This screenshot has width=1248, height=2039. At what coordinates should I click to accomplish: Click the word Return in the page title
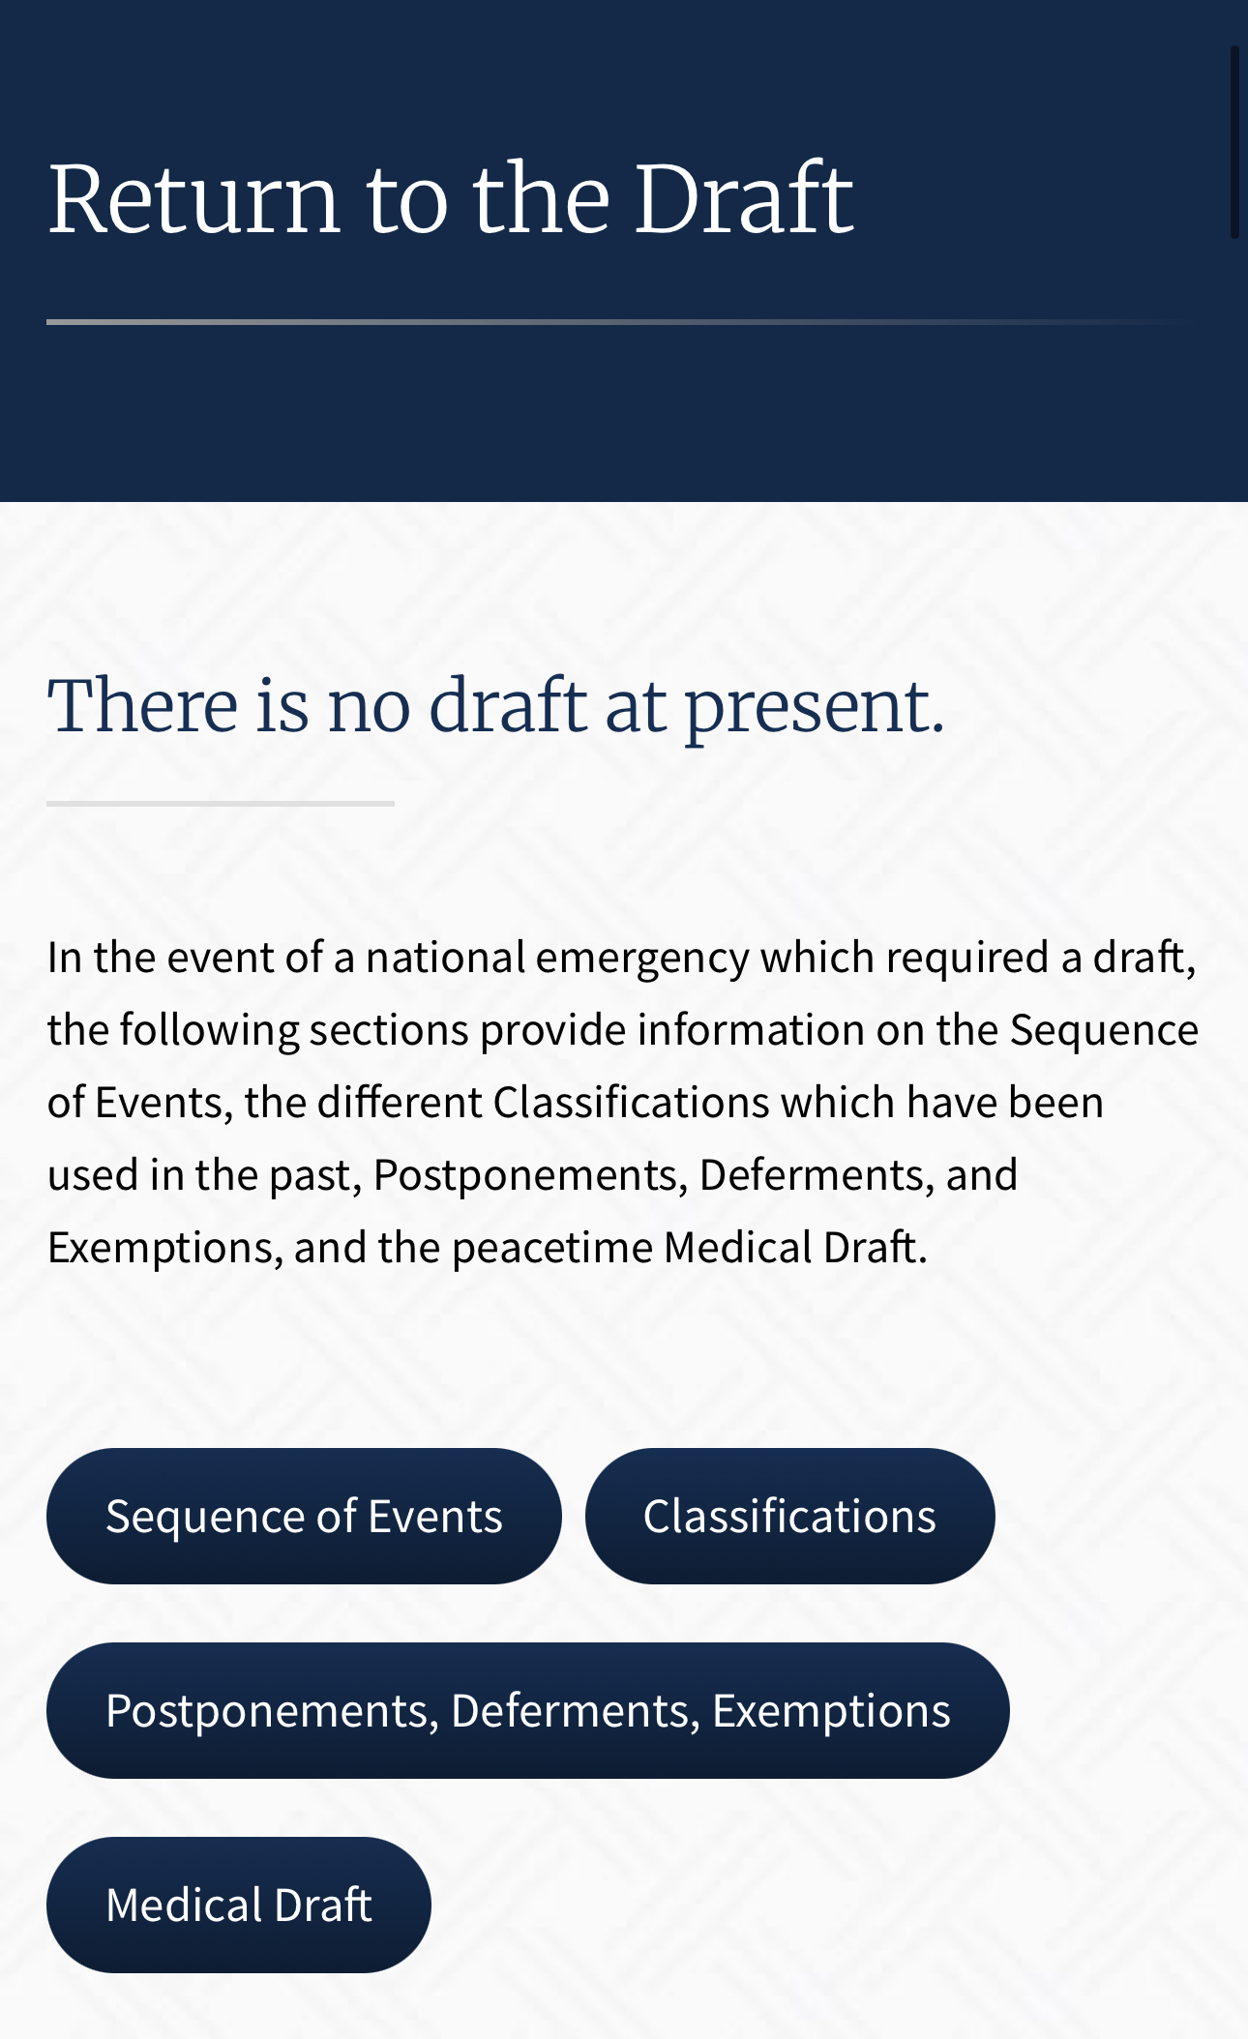tap(193, 199)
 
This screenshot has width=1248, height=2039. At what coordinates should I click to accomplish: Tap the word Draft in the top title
tap(744, 197)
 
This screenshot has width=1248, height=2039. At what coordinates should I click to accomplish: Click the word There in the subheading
tap(143, 705)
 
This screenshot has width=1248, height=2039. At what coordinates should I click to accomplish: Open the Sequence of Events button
tap(304, 1516)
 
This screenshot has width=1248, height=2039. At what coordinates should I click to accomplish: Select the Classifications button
tap(789, 1516)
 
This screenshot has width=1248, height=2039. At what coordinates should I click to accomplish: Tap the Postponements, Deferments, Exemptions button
tap(528, 1710)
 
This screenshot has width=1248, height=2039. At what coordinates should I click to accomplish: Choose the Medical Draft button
tap(239, 1905)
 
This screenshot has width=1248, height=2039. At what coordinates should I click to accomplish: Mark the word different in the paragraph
tap(400, 1102)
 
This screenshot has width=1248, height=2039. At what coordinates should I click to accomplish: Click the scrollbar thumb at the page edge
tap(1234, 141)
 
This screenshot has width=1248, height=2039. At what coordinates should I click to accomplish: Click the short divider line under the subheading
tap(221, 804)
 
